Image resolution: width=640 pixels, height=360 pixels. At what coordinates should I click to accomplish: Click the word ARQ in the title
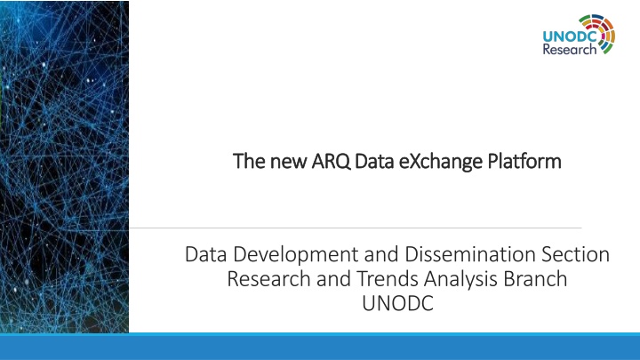[331, 161]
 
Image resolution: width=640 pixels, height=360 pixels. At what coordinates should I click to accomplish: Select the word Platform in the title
[524, 161]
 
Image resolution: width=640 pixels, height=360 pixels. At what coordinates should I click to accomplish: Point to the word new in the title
[288, 163]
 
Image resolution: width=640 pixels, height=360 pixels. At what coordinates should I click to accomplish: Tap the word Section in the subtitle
[575, 254]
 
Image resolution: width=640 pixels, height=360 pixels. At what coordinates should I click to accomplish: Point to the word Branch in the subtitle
[535, 279]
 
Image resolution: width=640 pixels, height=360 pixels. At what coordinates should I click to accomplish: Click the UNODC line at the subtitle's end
[397, 303]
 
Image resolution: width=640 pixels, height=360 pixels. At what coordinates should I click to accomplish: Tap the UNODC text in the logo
[570, 36]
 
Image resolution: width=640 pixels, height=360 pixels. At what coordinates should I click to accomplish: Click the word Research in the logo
[570, 50]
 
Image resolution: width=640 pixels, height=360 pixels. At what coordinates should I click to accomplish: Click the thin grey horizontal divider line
[355, 228]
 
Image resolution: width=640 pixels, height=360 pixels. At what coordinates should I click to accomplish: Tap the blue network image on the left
[65, 166]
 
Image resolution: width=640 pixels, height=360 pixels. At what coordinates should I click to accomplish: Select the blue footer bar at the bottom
[320, 347]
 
